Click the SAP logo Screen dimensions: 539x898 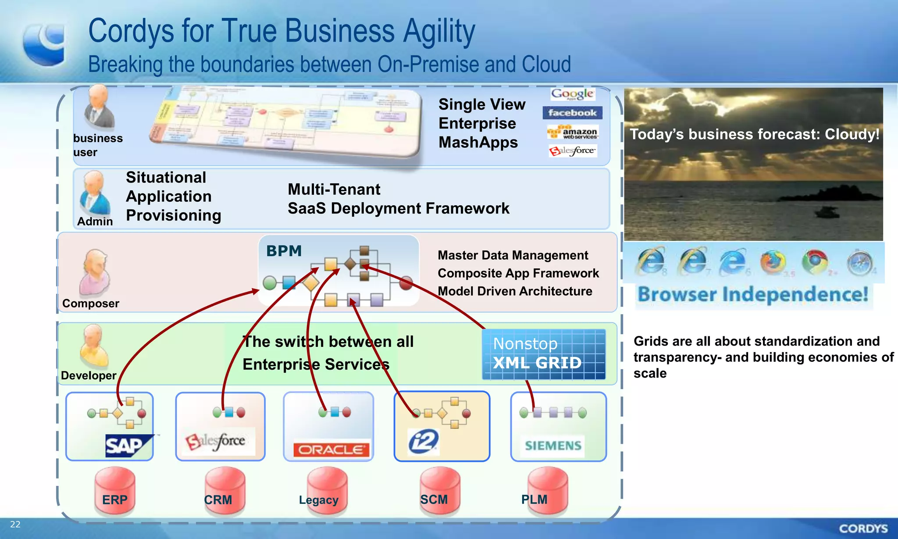[128, 446]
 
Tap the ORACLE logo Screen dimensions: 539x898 [331, 450]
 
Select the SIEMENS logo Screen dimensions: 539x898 [553, 446]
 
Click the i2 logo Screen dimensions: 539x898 [423, 441]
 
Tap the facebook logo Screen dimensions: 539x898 [572, 113]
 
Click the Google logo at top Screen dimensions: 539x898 [572, 93]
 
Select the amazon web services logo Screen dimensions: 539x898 [573, 132]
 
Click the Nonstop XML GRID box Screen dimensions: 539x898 [544, 354]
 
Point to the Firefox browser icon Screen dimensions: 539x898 [773, 262]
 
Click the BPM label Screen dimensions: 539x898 [284, 251]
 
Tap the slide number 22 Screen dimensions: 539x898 [15, 524]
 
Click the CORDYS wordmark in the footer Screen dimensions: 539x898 [863, 528]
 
